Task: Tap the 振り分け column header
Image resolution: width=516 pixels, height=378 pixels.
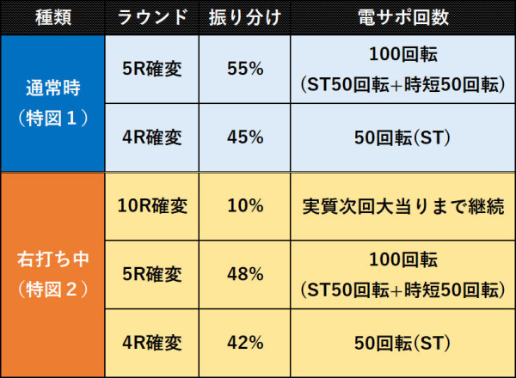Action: (x=245, y=17)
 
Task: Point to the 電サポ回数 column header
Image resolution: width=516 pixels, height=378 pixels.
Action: (x=402, y=17)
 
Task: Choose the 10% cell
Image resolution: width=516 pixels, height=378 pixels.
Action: (x=245, y=206)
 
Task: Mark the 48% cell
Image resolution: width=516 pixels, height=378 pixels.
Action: (x=245, y=274)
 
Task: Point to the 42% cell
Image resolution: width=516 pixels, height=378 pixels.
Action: (x=245, y=343)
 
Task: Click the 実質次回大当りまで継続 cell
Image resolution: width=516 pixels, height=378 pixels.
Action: (x=402, y=206)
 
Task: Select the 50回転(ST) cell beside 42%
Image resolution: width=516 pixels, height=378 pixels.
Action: (x=402, y=343)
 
